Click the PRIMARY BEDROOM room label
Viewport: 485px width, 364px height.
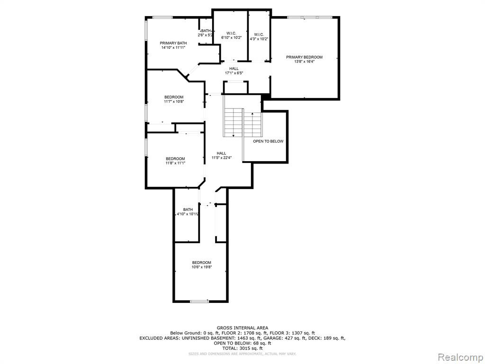tap(304, 57)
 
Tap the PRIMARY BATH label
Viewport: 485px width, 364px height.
tap(173, 43)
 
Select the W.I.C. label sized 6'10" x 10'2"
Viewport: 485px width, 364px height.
tap(231, 34)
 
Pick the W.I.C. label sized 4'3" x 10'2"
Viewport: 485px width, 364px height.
tap(259, 34)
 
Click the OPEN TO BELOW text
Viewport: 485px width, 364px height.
tap(268, 141)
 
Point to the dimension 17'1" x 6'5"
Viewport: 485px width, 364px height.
tap(234, 73)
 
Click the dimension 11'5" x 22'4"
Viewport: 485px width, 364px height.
tap(222, 157)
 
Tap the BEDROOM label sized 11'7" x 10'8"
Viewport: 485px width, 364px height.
tap(173, 97)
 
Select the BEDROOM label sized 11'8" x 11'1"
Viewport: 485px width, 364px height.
tap(175, 159)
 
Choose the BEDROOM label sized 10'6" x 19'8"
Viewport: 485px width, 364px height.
tap(202, 263)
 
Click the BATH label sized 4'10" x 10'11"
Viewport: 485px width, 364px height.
tap(188, 209)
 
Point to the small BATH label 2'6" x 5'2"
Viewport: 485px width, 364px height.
tap(206, 31)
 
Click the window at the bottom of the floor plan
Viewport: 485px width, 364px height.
tap(199, 301)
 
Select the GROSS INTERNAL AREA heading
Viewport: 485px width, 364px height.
tap(242, 328)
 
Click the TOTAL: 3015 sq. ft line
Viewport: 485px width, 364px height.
tap(242, 348)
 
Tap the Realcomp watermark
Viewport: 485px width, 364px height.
tap(460, 357)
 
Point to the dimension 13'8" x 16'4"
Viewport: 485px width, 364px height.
tap(305, 62)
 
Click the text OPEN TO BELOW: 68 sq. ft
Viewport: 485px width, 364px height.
tap(242, 343)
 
